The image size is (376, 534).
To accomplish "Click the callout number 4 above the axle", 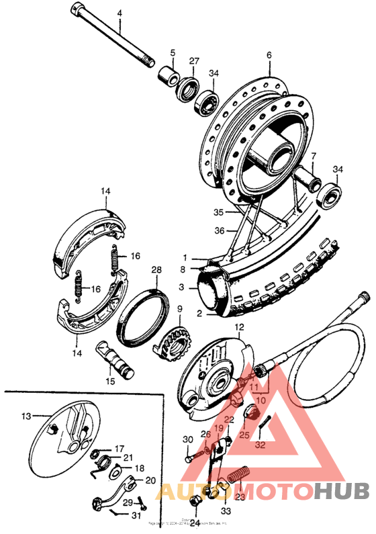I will tap(120, 13).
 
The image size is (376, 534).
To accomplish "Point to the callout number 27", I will tap(194, 61).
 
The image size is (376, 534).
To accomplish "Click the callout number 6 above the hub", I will tap(269, 55).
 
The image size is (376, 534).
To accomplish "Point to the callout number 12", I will tap(238, 326).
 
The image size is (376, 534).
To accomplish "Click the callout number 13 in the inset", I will tap(26, 416).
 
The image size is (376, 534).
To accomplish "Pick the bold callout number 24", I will tap(194, 522).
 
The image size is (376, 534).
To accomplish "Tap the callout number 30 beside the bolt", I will tap(187, 439).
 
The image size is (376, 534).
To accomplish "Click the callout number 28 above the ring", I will tap(156, 270).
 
